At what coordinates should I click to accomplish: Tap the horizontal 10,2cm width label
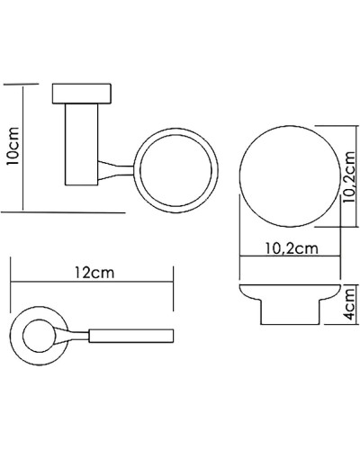click(291, 247)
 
